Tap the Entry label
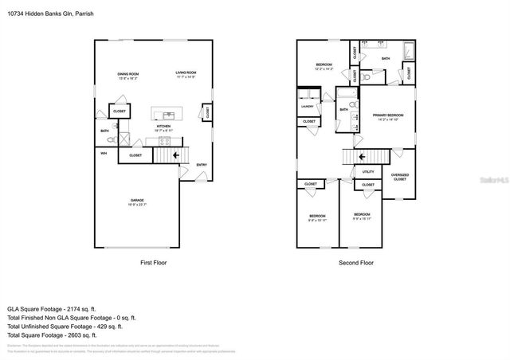pos(202,165)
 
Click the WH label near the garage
pos(104,154)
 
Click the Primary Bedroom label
pos(388,115)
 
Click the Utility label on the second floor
pos(368,171)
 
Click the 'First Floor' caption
pos(153,262)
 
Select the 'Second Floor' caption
pos(356,262)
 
